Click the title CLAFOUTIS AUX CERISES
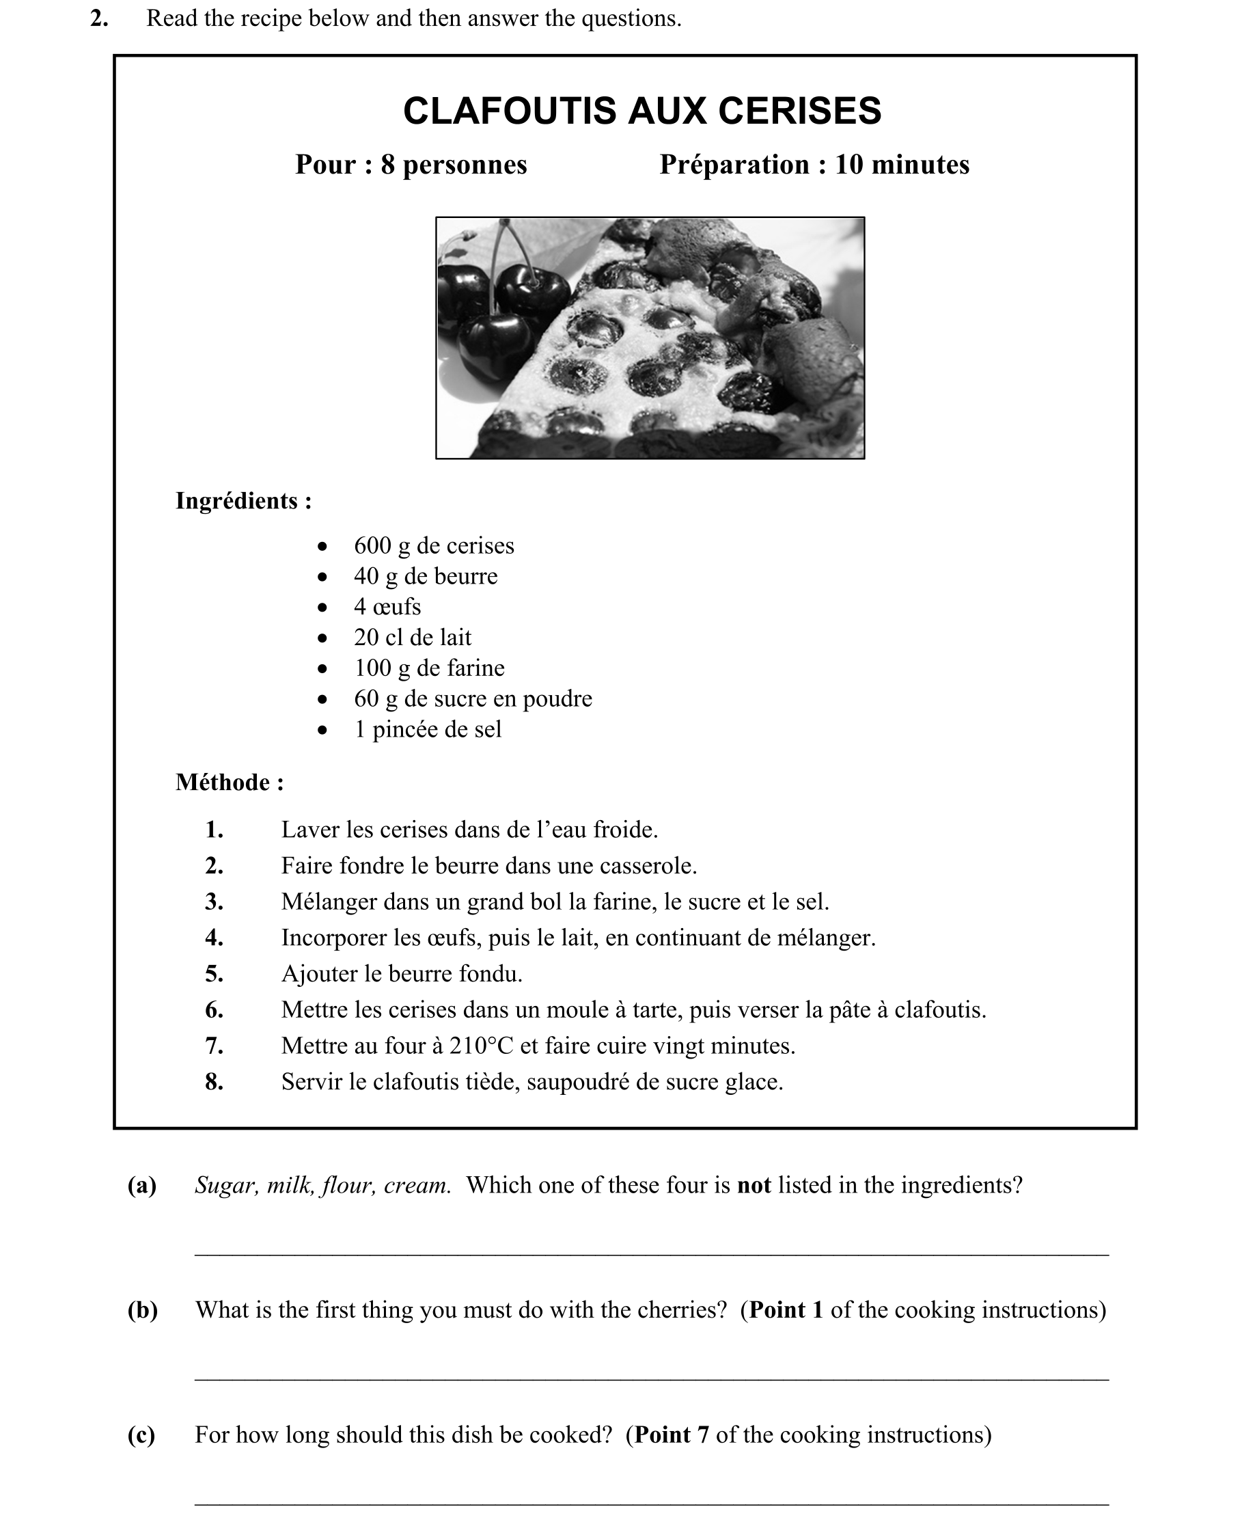[641, 111]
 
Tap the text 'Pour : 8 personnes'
[411, 165]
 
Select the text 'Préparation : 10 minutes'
[814, 165]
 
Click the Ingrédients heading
[243, 501]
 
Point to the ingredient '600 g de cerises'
[434, 546]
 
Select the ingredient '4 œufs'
[387, 607]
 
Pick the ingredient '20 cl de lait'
[412, 638]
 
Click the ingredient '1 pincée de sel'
[427, 729]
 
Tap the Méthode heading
[230, 782]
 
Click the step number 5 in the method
[214, 974]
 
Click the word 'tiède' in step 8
[491, 1082]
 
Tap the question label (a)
[141, 1186]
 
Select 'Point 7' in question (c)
[671, 1434]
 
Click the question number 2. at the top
[99, 18]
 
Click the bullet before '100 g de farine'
[322, 669]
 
